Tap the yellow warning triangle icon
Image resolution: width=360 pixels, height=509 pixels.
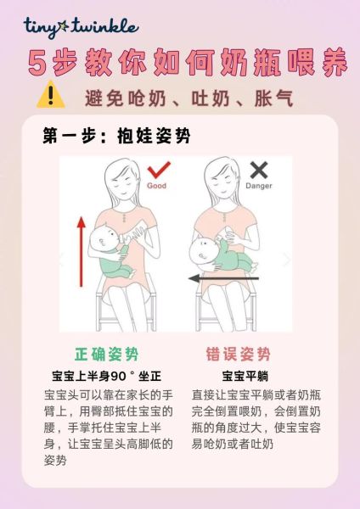(x=50, y=95)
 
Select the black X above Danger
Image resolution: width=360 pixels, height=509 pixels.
(x=258, y=171)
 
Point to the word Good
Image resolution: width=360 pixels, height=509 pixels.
(x=157, y=185)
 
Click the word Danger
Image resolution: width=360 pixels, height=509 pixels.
(x=258, y=185)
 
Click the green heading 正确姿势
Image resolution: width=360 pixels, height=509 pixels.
(x=107, y=355)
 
